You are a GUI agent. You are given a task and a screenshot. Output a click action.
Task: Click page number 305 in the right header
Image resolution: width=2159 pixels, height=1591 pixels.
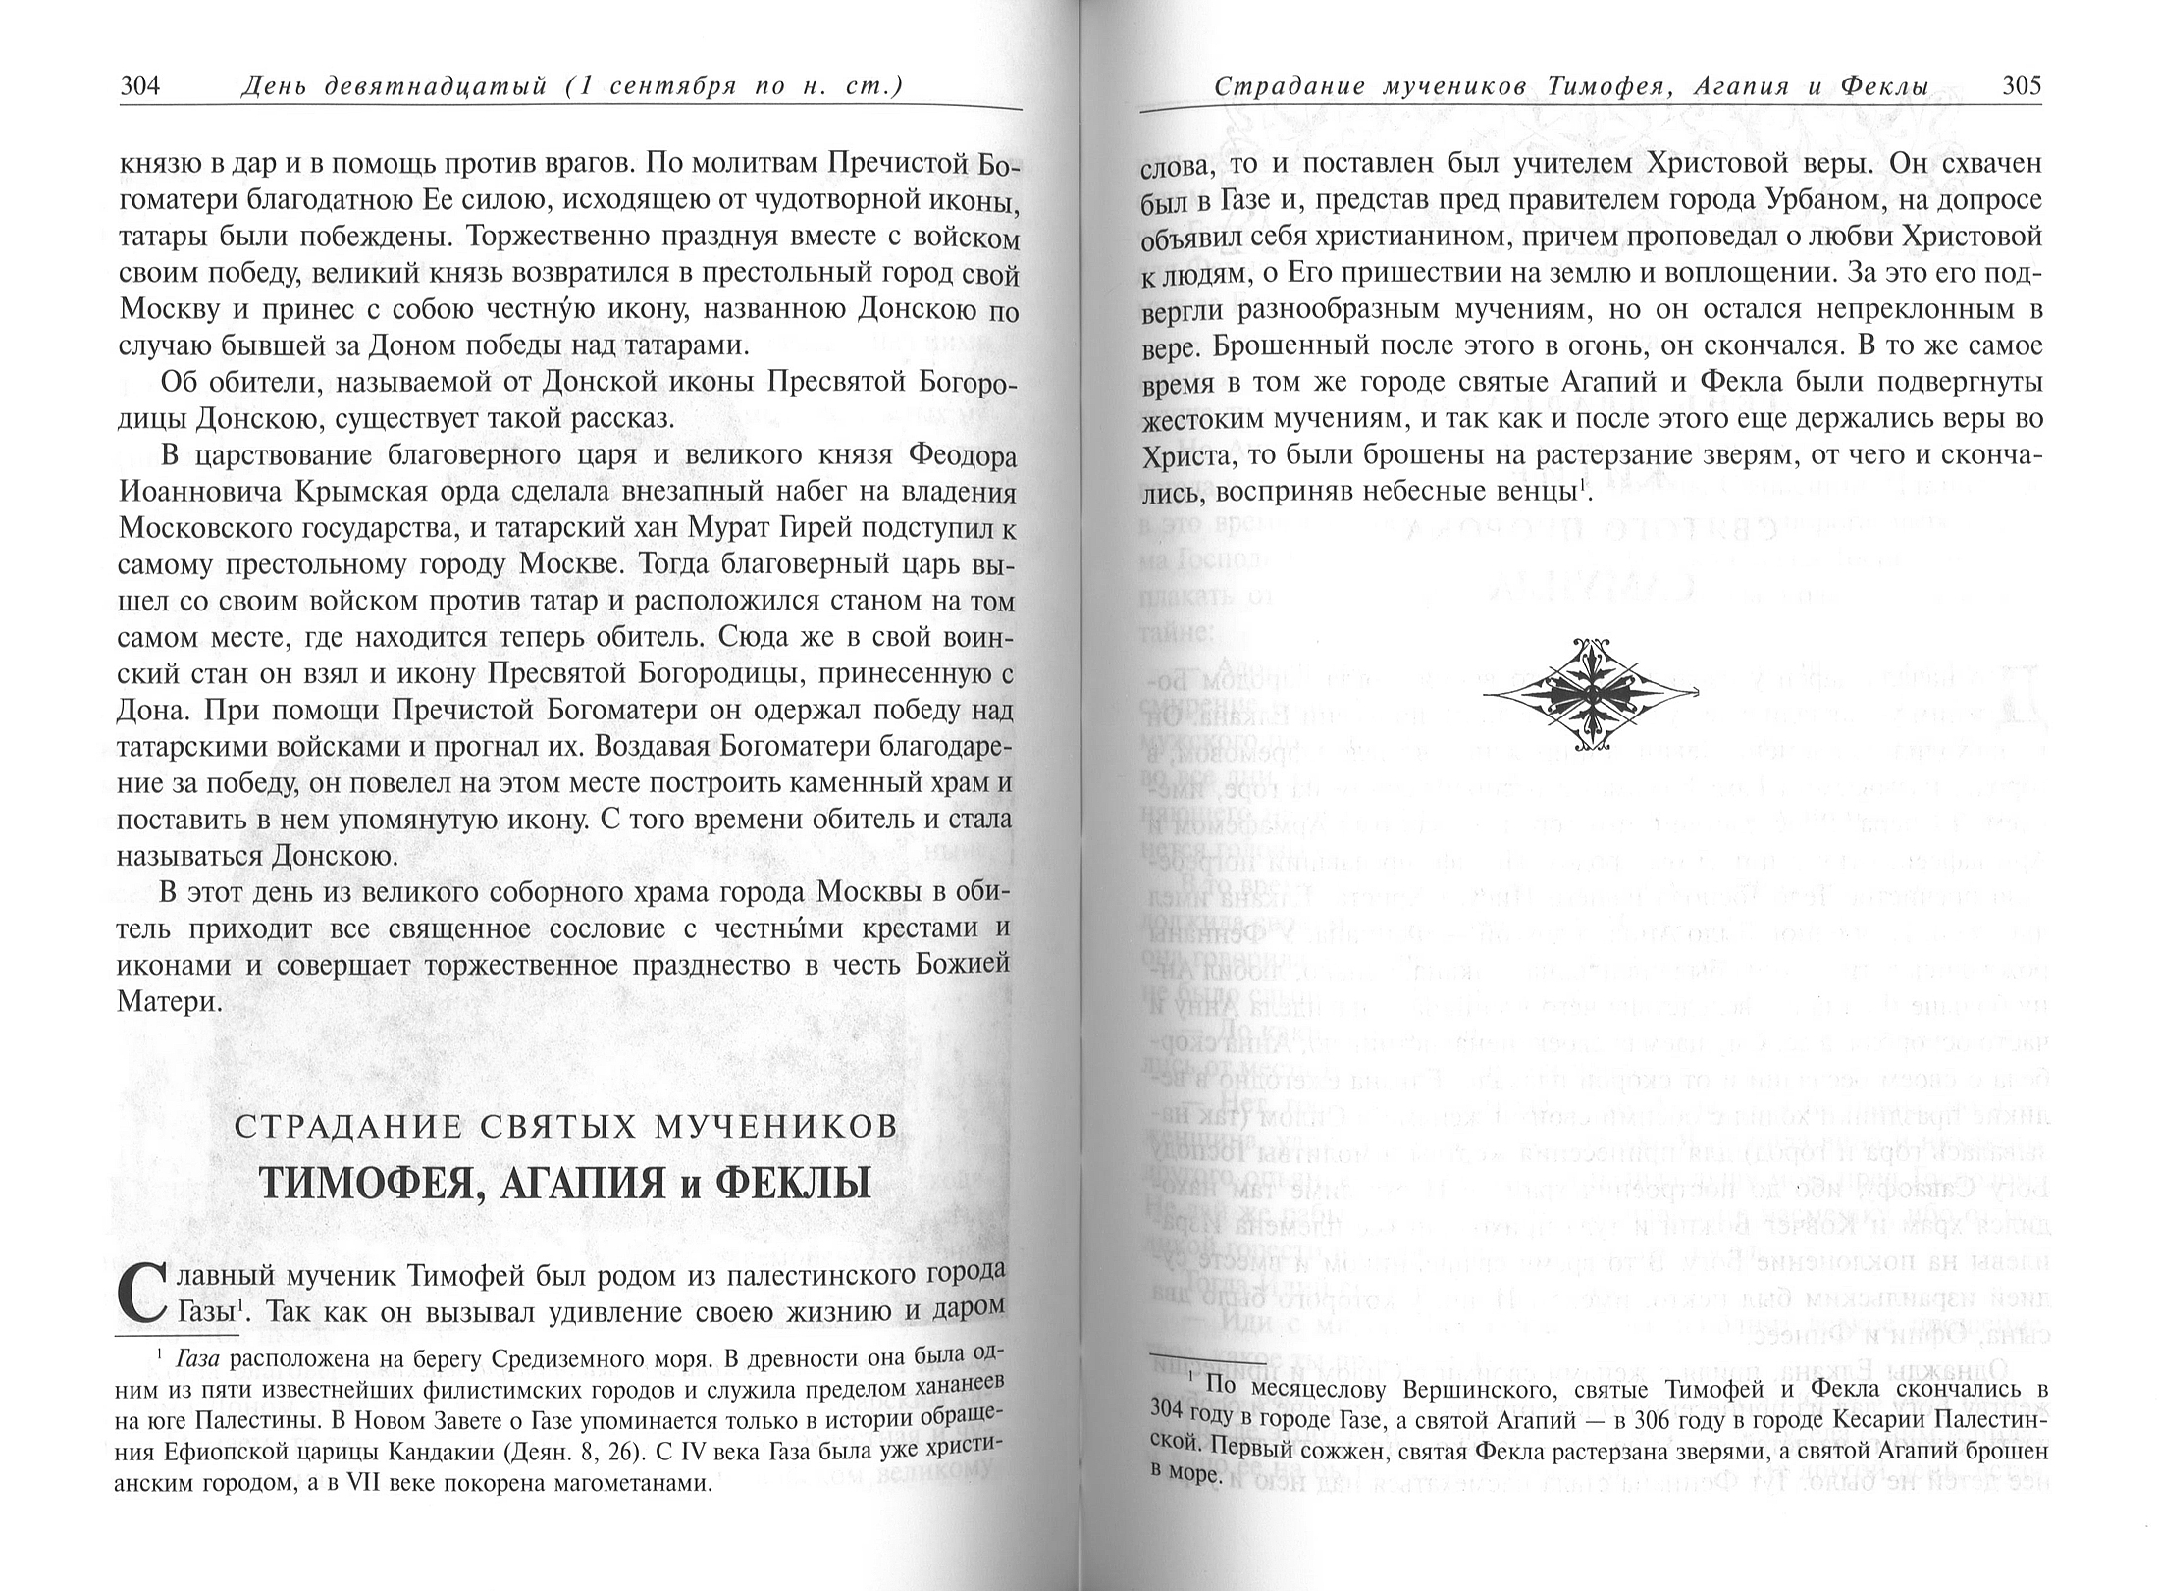[2022, 86]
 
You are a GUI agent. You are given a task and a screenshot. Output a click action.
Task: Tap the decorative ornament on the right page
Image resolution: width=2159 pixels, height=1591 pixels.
[1590, 693]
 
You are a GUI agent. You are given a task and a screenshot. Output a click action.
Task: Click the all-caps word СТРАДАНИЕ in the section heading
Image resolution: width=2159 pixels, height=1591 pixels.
[334, 1128]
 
